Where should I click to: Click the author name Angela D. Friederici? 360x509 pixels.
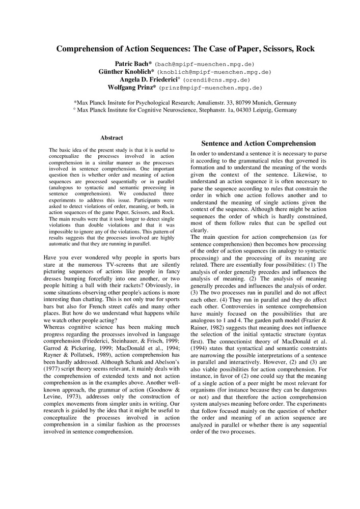click(147, 80)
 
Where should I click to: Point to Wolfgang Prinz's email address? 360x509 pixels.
click(211, 88)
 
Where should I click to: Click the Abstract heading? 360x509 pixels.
click(112, 138)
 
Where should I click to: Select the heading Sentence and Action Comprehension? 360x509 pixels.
click(258, 144)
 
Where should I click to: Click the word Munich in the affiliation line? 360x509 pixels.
click(264, 102)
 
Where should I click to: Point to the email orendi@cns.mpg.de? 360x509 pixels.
click(216, 80)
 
